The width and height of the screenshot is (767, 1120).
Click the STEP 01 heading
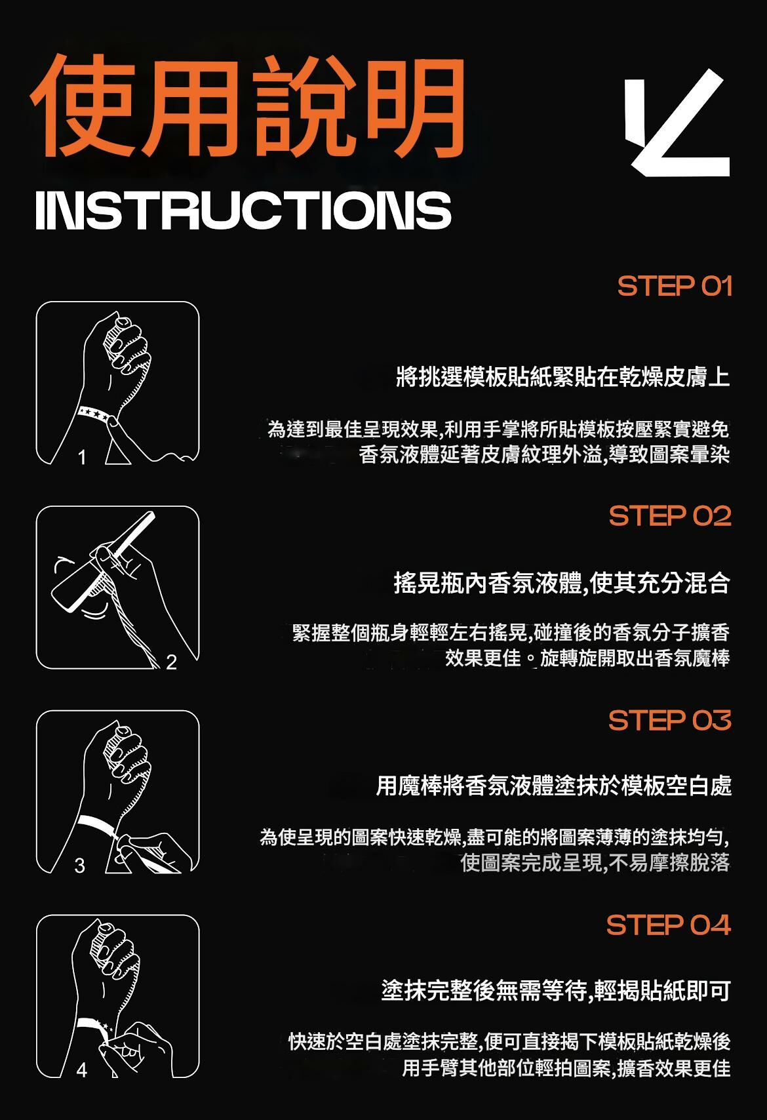point(675,287)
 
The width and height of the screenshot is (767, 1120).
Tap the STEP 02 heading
point(670,516)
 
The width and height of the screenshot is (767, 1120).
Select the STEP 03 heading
point(669,721)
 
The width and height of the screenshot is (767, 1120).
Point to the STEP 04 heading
point(668,925)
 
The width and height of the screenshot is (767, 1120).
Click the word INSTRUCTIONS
point(243,210)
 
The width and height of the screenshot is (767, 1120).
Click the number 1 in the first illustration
point(82,457)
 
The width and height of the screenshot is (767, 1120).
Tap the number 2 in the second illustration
point(172,662)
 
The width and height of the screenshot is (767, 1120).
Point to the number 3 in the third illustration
point(80,866)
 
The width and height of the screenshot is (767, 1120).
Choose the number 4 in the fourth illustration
point(81,1070)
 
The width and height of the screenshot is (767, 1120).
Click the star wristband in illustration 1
point(94,414)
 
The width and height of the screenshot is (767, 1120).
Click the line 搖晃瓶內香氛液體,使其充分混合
point(561,582)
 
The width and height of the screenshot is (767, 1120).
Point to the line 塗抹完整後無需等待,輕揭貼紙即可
point(556,991)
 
